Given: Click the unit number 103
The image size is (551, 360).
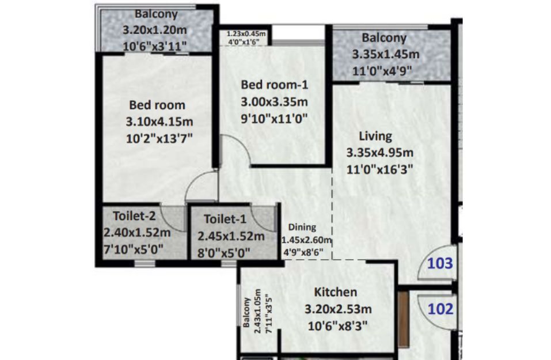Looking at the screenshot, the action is [x=440, y=263].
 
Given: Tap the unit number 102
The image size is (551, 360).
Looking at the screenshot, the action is [x=440, y=309].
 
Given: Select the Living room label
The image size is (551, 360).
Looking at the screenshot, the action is [x=375, y=136].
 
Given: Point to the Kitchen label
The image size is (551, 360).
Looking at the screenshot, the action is [x=336, y=292].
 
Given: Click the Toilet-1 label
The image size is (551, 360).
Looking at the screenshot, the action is [x=225, y=219].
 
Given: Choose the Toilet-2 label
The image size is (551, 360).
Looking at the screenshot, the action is [x=134, y=215].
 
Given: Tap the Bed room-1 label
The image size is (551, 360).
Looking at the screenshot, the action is [x=275, y=84].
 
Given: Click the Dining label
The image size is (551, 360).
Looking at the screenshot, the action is [x=302, y=227].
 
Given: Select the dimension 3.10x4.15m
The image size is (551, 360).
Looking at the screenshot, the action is [x=159, y=122].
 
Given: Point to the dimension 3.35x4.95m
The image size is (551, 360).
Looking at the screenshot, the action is [x=380, y=153].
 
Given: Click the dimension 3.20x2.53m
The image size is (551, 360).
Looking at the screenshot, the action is [x=338, y=309].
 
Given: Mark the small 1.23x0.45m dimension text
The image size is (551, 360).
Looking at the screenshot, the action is [x=246, y=34].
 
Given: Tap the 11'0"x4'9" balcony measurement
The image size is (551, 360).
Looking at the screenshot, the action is [x=382, y=71].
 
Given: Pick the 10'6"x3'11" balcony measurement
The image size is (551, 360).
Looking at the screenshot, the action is [x=155, y=47].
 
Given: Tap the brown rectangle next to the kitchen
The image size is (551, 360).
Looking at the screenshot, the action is [x=404, y=319].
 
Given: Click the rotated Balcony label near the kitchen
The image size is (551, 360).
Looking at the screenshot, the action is [x=246, y=313].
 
